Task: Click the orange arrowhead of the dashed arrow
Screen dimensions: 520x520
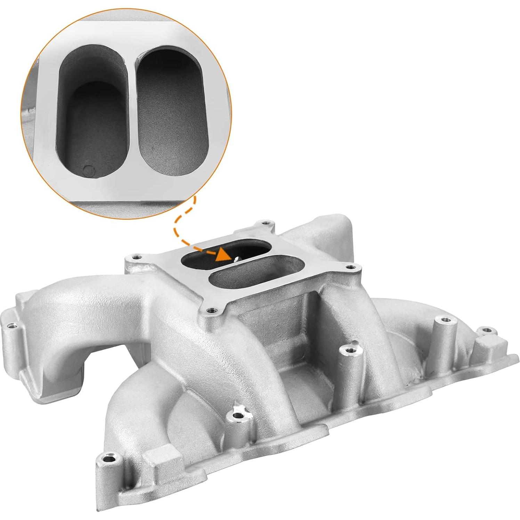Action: tap(223, 256)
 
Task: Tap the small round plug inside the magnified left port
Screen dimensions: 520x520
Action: tap(89, 170)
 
